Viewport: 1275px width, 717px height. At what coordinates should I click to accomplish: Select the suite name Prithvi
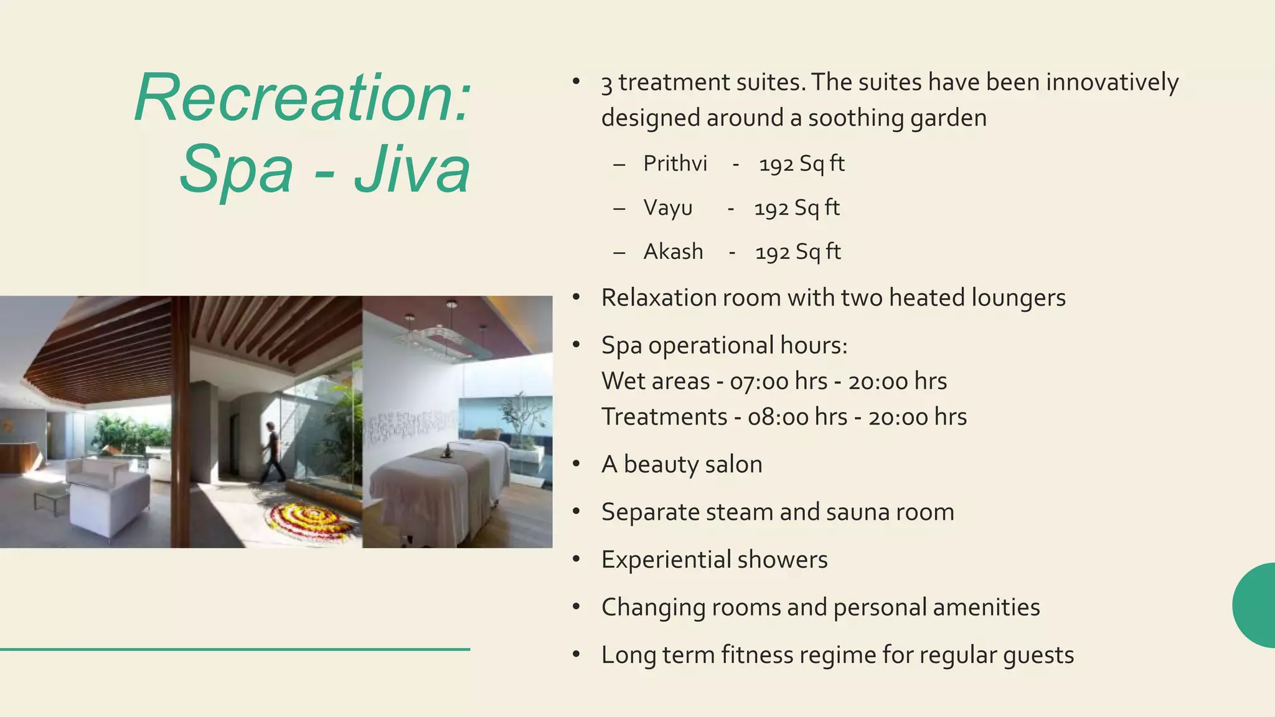click(675, 164)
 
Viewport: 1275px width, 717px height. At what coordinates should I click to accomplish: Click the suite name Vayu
click(668, 208)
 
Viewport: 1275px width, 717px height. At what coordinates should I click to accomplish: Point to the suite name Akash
click(674, 252)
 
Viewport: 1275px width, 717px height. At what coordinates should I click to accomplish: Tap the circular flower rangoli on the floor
click(311, 520)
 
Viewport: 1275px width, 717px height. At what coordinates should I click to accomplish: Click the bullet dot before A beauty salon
click(576, 464)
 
